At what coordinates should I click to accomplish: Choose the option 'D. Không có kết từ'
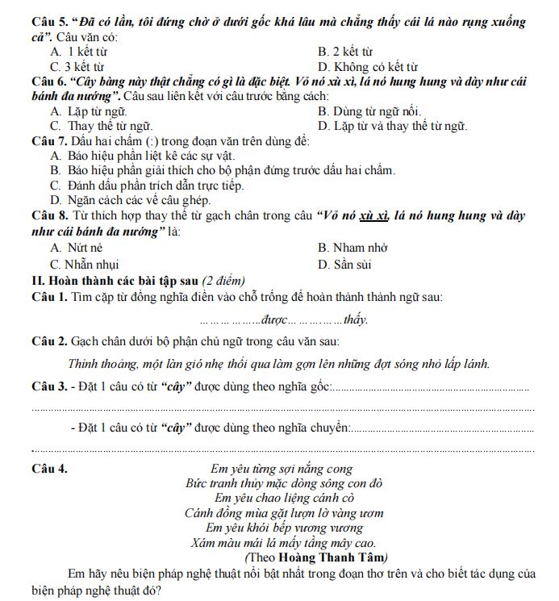click(x=368, y=67)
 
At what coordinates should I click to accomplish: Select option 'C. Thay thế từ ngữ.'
click(x=101, y=126)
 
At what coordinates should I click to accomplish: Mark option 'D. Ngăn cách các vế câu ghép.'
click(x=130, y=199)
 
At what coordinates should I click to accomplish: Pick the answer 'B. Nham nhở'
click(x=353, y=248)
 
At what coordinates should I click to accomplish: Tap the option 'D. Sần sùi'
click(x=344, y=264)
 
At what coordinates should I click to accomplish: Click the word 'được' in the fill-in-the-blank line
click(x=273, y=319)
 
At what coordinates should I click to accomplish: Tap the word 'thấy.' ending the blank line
click(x=355, y=319)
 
